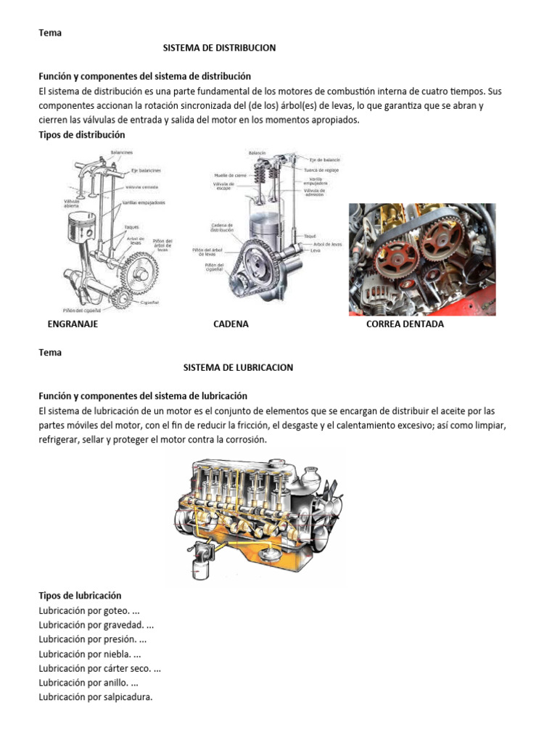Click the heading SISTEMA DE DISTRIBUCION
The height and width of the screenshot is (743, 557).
[219, 48]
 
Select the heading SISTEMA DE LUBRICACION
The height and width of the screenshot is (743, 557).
[238, 367]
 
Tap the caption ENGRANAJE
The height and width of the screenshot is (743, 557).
[73, 324]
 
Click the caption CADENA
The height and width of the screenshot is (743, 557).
[231, 324]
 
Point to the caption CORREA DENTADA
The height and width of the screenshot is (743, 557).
[405, 324]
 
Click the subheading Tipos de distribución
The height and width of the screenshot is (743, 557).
[81, 135]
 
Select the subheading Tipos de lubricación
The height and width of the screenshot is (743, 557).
[80, 595]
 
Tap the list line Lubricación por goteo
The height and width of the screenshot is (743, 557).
[88, 609]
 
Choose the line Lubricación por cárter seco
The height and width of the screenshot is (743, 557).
[100, 668]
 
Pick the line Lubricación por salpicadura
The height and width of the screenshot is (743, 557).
[96, 697]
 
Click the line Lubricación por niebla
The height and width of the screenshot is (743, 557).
[91, 654]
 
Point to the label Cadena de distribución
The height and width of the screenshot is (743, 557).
[222, 228]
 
